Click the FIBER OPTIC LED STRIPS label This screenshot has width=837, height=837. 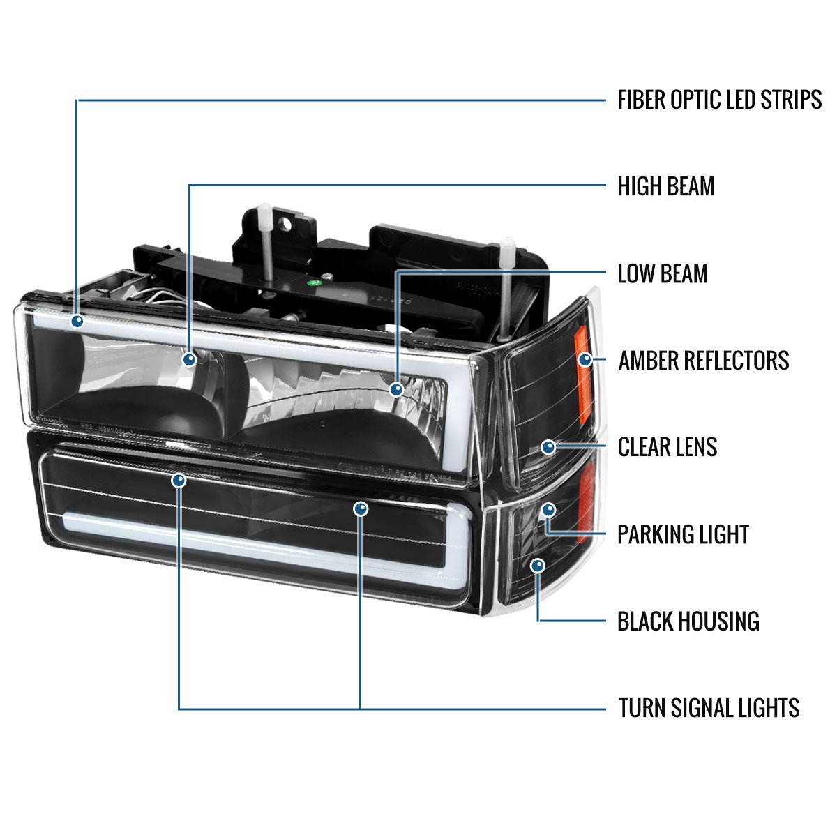[719, 100]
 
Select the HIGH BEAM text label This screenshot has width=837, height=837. [666, 186]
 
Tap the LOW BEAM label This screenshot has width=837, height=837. [663, 273]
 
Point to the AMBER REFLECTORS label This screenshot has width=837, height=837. [703, 361]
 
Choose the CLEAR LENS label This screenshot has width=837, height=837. [668, 447]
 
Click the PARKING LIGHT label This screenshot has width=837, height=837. [683, 535]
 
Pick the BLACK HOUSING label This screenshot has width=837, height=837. [688, 621]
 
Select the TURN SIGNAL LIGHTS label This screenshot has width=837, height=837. [709, 709]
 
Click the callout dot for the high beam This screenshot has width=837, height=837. [189, 359]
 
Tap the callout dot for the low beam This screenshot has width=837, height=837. [396, 389]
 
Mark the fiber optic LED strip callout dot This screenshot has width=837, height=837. [77, 321]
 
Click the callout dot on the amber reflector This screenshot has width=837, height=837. [585, 360]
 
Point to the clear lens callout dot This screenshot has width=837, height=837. [549, 446]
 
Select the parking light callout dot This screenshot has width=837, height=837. [549, 509]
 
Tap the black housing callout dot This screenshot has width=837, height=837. [537, 565]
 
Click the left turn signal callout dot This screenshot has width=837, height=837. [179, 480]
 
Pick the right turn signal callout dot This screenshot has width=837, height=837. [361, 509]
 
